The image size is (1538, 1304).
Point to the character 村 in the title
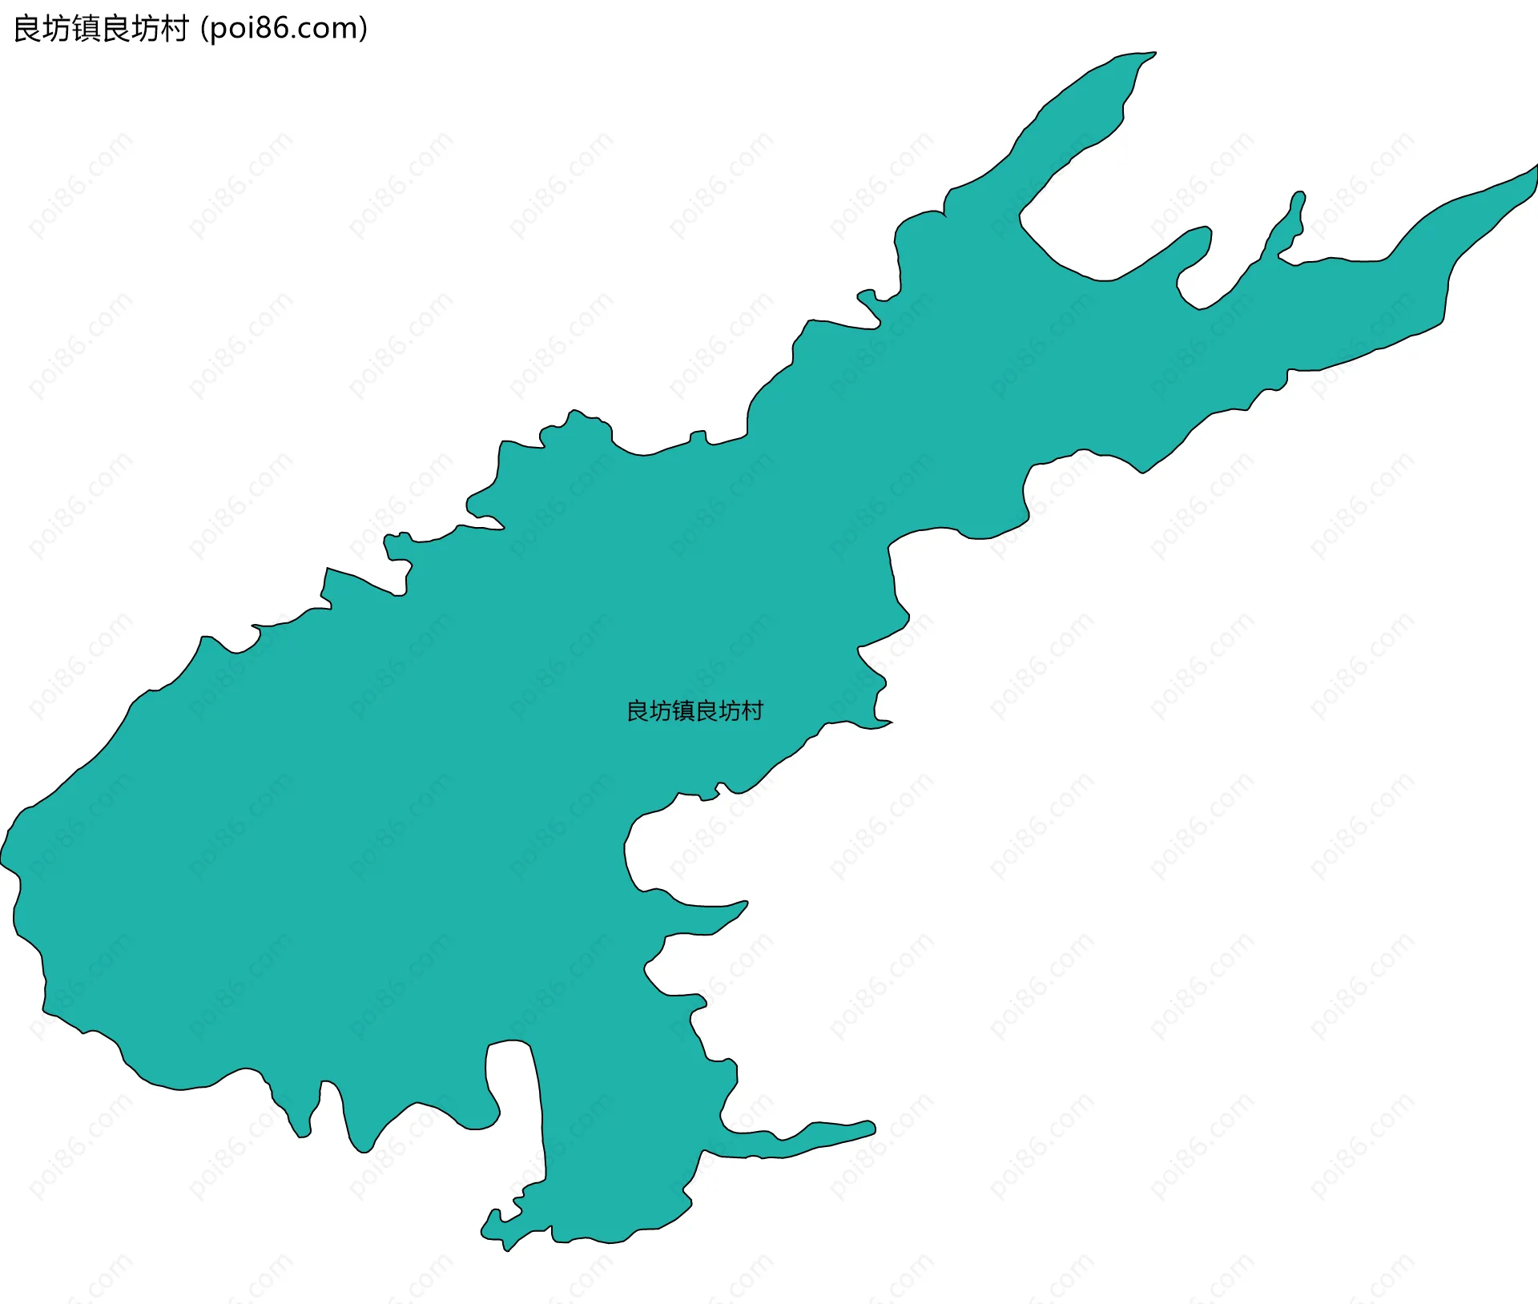coord(174,29)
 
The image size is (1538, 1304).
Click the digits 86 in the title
coord(269,29)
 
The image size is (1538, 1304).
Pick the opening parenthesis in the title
coord(205,29)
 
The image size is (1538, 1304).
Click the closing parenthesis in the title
coord(363,29)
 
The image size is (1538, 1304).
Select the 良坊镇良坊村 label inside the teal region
coord(695,711)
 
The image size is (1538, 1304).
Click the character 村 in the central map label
coord(752,711)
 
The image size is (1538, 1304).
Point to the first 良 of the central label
coord(638,711)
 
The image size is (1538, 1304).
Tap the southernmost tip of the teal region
coord(506,1250)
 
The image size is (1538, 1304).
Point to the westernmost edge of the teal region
coord(2,862)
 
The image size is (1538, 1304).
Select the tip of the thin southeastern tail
coord(872,1126)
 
